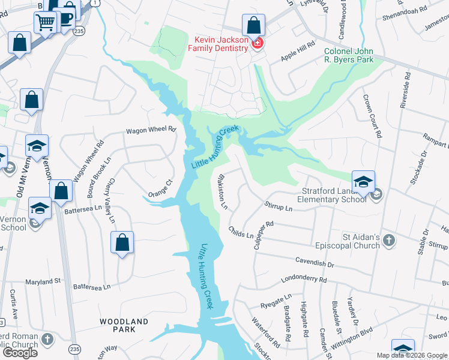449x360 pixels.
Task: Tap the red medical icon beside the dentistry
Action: [x=258, y=44]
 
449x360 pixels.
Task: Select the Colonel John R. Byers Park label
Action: [x=349, y=56]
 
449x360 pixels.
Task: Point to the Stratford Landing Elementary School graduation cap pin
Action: [x=363, y=182]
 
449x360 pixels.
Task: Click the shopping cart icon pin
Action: [x=46, y=23]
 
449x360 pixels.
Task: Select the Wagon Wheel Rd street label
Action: [x=151, y=130]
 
